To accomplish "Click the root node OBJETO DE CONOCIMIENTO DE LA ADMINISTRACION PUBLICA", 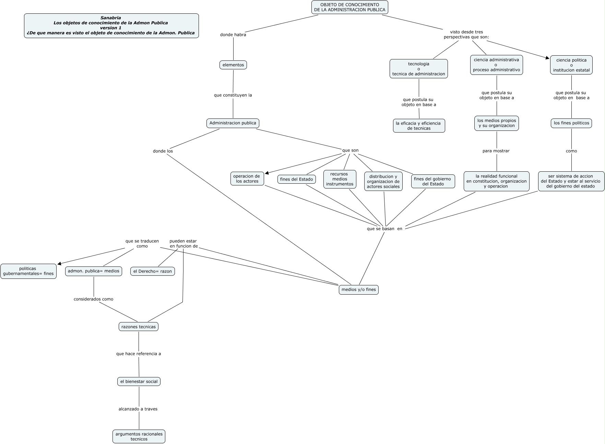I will point(349,7).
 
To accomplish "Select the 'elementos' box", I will point(233,65).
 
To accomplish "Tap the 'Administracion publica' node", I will point(233,123).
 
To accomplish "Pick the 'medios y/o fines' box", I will point(359,289).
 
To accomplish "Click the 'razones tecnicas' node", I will point(139,327).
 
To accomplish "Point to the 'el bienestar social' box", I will point(139,382).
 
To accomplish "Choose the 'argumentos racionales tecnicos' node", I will point(139,436).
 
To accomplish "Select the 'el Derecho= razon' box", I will point(153,271).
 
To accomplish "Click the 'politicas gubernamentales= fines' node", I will point(28,271).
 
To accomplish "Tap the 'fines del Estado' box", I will point(297,179).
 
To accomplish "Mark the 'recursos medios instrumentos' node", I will point(340,179).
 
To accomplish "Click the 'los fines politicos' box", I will point(571,123).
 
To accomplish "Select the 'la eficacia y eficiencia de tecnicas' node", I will point(419,126).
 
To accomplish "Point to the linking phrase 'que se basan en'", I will point(384,229).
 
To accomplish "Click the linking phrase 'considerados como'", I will point(93,299).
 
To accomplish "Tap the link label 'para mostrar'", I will point(496,151).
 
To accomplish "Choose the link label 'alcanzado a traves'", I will point(138,409).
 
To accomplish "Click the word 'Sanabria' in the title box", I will point(110,18).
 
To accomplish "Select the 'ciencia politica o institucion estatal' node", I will point(571,65).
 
